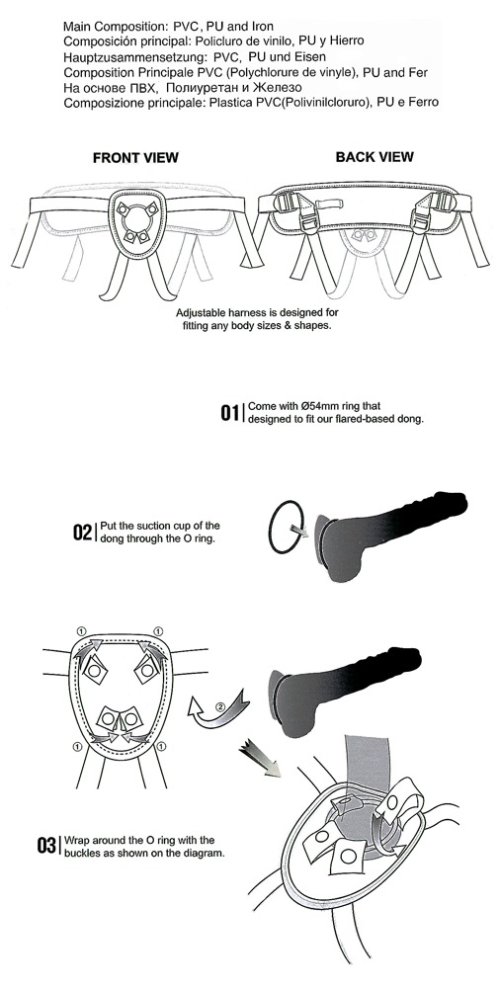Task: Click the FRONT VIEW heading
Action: coord(135,157)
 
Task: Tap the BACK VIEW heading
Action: coord(374,157)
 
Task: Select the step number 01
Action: coord(229,413)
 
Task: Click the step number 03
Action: coord(46,846)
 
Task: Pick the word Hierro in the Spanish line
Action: coord(348,41)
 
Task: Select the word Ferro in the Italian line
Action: coord(423,102)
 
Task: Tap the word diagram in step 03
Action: coord(208,855)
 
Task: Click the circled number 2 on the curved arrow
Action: coord(220,705)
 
